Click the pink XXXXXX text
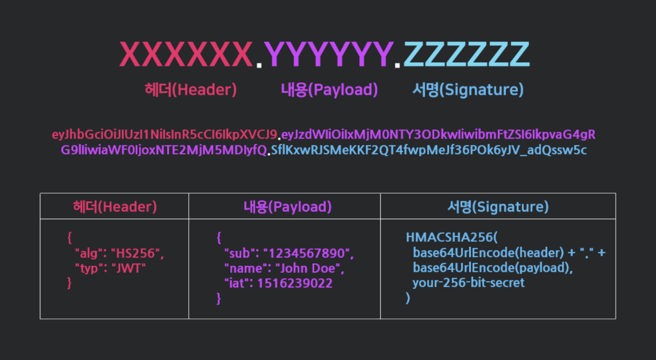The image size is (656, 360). point(186,55)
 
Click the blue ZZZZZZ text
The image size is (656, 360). point(467,55)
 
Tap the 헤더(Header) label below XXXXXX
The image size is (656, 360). point(191,90)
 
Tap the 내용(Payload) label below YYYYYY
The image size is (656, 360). point(329,90)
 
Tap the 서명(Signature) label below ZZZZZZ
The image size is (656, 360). point(468,90)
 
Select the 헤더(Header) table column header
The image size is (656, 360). point(115,207)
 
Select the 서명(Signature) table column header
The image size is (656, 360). point(498,207)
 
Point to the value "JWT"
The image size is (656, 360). point(127,268)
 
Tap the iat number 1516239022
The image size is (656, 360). point(295,284)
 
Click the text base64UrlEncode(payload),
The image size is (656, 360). point(493,268)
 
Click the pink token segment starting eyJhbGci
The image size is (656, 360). point(165,134)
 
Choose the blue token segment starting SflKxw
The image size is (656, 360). point(429,150)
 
